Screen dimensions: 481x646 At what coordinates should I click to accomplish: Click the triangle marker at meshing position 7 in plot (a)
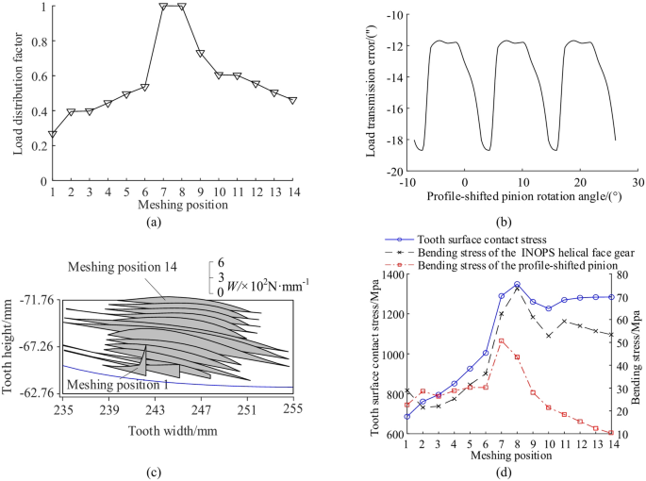tap(163, 7)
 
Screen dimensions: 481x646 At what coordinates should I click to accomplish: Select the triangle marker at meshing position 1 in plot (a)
tap(53, 134)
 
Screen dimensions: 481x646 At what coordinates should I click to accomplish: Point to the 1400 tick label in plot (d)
tap(387, 274)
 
